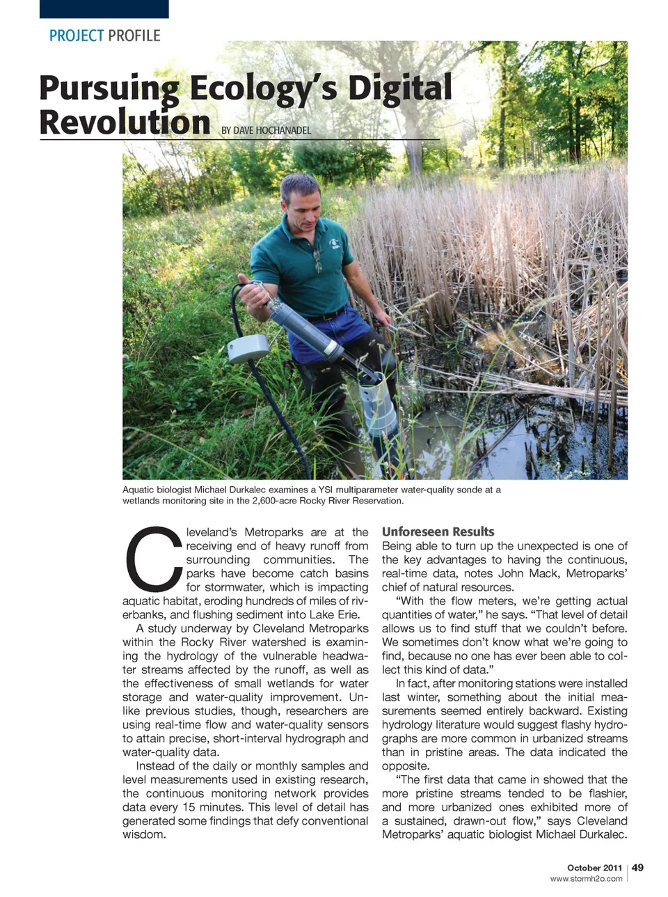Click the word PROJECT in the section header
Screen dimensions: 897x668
[77, 36]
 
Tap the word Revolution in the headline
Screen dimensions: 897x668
[125, 122]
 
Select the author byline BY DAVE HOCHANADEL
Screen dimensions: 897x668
[266, 130]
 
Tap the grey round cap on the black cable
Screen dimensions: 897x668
[248, 348]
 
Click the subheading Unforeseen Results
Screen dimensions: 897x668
[438, 532]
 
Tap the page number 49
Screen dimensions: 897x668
[638, 867]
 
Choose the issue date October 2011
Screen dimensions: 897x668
[594, 868]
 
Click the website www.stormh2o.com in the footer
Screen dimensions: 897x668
[586, 879]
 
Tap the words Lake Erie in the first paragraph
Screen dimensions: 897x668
[337, 615]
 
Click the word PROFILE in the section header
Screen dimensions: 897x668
[134, 36]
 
